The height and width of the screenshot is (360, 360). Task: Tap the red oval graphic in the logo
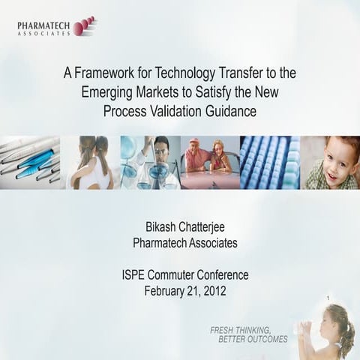(x=84, y=27)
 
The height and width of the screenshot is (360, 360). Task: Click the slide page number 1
(x=328, y=299)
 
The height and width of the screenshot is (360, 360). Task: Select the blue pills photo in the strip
(x=269, y=162)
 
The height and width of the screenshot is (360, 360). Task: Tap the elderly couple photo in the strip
(x=208, y=162)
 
